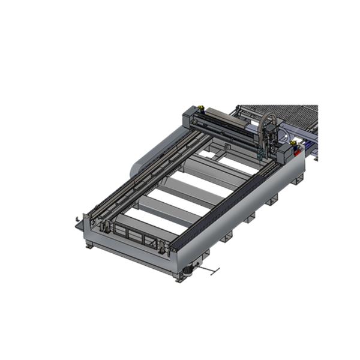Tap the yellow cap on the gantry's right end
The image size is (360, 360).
point(293,144)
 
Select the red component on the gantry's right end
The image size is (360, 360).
point(298,150)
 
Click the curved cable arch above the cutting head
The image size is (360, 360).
point(267,119)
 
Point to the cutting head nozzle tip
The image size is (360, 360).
point(259,157)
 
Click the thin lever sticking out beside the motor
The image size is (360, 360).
point(210,271)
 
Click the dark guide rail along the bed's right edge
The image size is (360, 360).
point(228,198)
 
